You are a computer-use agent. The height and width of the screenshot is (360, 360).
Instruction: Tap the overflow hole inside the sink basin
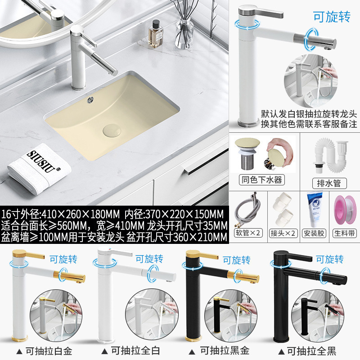pyautogui.click(x=91, y=99)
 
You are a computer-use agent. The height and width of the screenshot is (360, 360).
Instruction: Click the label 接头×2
pyautogui.click(x=284, y=233)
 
